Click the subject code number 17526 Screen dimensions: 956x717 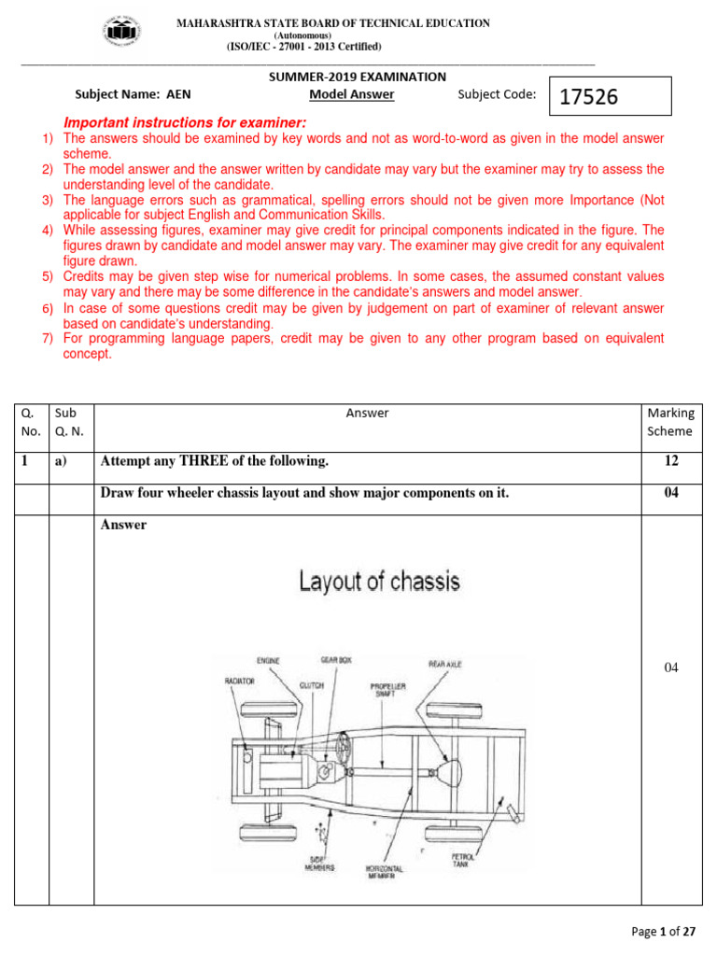[589, 96]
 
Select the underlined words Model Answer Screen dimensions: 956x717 [351, 94]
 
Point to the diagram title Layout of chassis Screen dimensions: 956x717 [379, 582]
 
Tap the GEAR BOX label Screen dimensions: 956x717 [336, 660]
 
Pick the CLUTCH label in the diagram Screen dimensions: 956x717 [312, 685]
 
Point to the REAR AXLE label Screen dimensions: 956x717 [445, 664]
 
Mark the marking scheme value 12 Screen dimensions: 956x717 [670, 461]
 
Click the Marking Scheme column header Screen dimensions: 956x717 [670, 422]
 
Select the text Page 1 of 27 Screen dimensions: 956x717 [664, 931]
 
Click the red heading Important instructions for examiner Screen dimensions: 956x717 [185, 123]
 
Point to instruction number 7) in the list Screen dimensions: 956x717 [48, 338]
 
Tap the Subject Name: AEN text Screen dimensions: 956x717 [133, 94]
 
